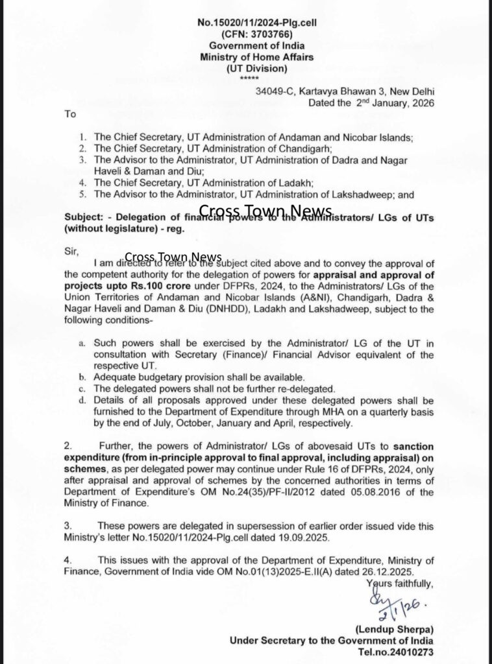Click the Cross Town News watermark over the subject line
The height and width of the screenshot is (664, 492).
265,211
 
